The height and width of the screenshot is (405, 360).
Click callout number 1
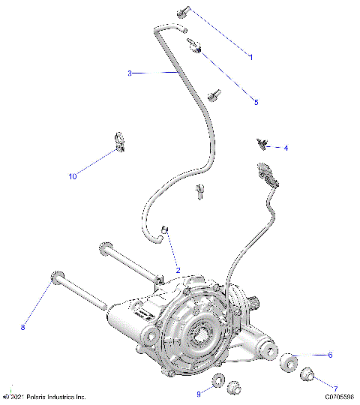point(250,57)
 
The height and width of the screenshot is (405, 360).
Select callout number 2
point(178,270)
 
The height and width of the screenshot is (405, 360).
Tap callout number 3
point(129,73)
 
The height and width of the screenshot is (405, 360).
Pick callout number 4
point(285,148)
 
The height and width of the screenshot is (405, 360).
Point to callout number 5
point(255,102)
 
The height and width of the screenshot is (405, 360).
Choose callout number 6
point(329,355)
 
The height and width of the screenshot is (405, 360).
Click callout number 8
point(22,327)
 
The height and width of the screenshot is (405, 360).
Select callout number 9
point(199,393)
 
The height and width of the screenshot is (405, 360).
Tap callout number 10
point(73,177)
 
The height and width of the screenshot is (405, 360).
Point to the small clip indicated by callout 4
point(262,142)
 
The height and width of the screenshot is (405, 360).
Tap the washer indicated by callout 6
point(288,365)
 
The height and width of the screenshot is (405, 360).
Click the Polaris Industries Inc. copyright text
point(45,397)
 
